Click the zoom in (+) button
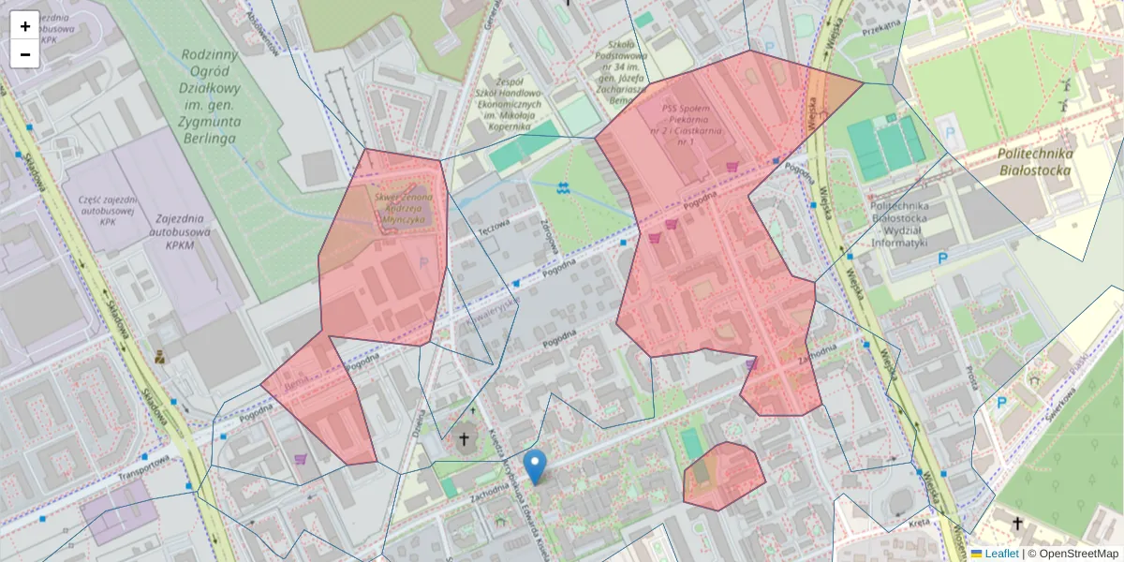pos(25,26)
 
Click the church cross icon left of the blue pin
pos(464,438)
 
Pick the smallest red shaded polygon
pos(722,476)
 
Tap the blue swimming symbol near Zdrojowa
pos(562,188)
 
